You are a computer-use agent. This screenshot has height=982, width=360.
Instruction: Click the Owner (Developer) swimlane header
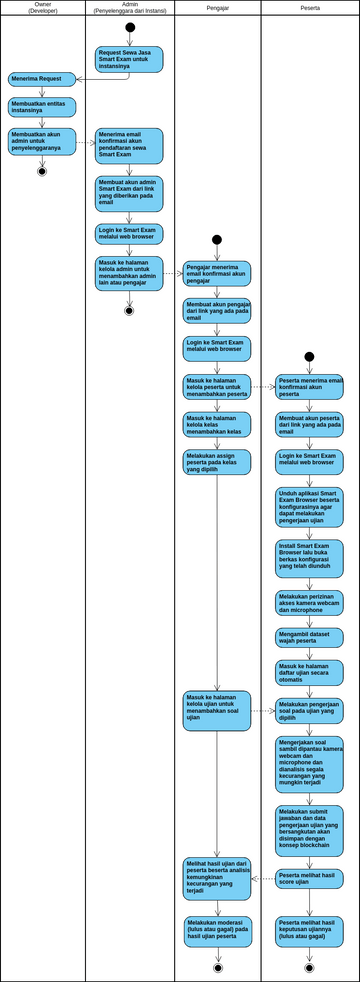click(x=42, y=8)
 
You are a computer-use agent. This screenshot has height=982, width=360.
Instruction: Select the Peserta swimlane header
click(x=310, y=8)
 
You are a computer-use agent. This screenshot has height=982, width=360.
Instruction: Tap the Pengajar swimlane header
click(x=217, y=8)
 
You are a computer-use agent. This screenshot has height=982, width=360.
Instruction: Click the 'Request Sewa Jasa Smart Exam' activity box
click(x=129, y=59)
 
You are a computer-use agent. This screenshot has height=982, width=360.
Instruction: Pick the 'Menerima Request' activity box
click(x=42, y=78)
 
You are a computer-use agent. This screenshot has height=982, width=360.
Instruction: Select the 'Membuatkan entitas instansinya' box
click(x=42, y=106)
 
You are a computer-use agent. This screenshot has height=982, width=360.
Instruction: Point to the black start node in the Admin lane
click(x=129, y=27)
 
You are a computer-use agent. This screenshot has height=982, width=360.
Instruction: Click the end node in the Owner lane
click(x=42, y=171)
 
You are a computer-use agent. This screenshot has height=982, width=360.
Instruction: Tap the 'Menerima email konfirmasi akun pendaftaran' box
click(x=129, y=145)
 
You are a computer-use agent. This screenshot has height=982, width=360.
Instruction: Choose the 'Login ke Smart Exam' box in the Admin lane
click(x=129, y=234)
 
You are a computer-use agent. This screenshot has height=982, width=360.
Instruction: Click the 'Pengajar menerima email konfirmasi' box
click(x=217, y=273)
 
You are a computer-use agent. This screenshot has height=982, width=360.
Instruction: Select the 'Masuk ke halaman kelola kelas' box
click(x=217, y=424)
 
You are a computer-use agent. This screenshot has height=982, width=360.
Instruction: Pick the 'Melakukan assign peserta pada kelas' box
click(x=217, y=461)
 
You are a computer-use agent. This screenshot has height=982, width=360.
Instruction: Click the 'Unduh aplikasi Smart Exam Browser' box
click(x=310, y=506)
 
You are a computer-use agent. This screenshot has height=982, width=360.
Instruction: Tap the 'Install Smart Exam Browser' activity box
click(x=310, y=558)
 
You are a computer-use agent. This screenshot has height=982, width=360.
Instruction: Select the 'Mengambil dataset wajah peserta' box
click(x=310, y=637)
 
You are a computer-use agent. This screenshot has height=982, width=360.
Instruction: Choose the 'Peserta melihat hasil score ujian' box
click(x=310, y=879)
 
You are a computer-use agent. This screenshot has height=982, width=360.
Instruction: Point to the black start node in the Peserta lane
click(x=310, y=357)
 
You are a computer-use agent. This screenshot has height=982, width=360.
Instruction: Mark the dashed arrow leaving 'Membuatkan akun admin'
click(x=85, y=142)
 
